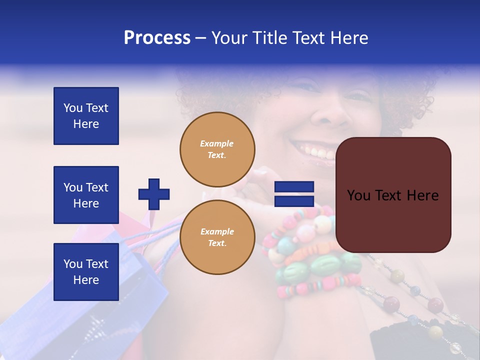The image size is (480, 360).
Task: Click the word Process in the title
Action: click(x=157, y=38)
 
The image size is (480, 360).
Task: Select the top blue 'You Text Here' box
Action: click(x=86, y=116)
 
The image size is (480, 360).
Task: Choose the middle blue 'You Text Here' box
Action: click(x=86, y=195)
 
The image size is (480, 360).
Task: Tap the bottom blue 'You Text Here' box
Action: click(x=86, y=272)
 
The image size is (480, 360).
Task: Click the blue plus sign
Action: click(x=154, y=194)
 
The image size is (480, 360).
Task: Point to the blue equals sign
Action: click(x=294, y=194)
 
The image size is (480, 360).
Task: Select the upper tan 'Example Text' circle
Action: click(x=217, y=149)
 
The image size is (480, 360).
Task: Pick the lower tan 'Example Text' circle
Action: click(x=217, y=237)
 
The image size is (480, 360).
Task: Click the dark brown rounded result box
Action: click(x=393, y=194)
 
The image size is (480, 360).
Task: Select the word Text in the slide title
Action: click(x=309, y=38)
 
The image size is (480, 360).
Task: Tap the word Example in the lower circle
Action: click(x=217, y=231)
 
